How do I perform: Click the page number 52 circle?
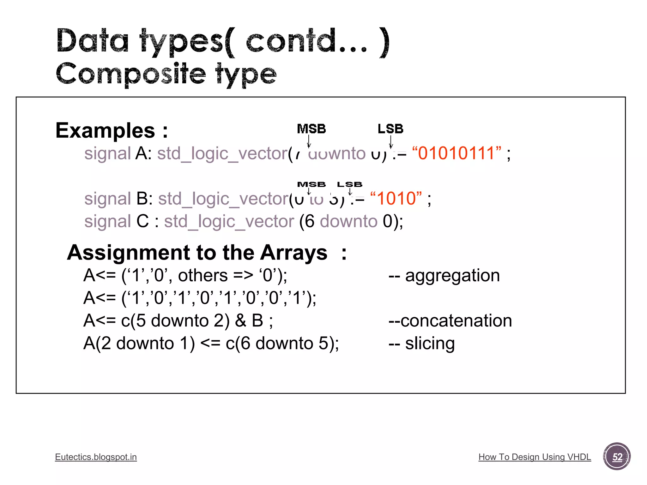pos(617,457)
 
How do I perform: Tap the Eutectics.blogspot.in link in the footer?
pos(96,457)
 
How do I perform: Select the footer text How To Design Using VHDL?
pos(535,457)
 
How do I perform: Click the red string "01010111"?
pos(457,153)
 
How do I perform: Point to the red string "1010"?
pos(396,199)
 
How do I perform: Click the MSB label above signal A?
pos(311,129)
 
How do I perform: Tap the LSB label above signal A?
pos(390,129)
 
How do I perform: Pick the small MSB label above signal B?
pos(311,184)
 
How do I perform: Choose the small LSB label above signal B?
pos(349,184)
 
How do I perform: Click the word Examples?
pos(105,130)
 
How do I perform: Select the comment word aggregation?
pos(452,275)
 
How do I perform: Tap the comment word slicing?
pos(430,344)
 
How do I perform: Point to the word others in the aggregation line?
pos(203,275)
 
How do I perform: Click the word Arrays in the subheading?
pos(293,253)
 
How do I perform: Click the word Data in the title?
pos(93,41)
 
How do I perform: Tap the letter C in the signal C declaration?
pos(142,221)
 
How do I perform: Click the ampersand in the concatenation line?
pos(240,321)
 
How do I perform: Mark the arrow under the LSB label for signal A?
pos(391,141)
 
